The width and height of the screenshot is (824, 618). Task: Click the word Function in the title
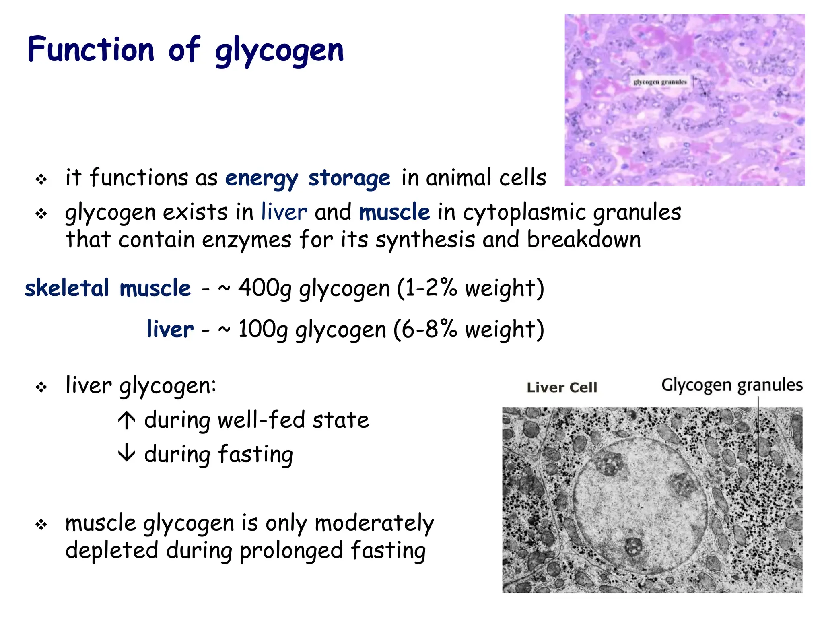[x=91, y=49]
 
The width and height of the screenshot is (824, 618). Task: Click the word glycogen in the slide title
[x=279, y=51]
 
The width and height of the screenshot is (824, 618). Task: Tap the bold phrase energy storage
[x=307, y=178]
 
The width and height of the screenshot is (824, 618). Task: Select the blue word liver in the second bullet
[x=284, y=212]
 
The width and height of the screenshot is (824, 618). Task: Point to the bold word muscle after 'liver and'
[x=394, y=212]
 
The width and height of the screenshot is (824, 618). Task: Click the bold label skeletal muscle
[x=108, y=288]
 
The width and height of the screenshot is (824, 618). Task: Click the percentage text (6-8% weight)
[x=468, y=330]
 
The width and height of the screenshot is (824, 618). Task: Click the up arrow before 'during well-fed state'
[x=127, y=420]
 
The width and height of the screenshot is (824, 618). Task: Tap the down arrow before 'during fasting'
[x=127, y=453]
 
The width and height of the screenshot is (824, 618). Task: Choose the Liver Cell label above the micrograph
[x=562, y=387]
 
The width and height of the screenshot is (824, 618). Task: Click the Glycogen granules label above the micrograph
[x=732, y=385]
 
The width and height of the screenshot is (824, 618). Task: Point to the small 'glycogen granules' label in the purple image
[x=660, y=82]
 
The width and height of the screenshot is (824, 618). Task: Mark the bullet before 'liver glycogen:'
[x=41, y=387]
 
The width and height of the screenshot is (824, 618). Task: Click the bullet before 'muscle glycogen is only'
[x=41, y=525]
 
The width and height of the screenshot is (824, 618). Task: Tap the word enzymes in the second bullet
[x=246, y=240]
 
